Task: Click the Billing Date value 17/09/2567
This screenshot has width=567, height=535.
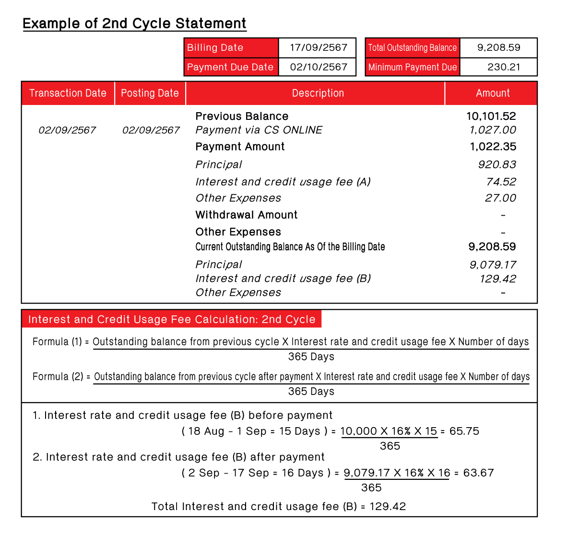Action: coord(318,47)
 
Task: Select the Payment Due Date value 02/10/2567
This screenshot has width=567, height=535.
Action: coord(318,67)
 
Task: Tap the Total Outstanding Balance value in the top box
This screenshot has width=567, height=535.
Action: coord(498,47)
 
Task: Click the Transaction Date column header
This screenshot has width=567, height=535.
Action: coord(68,93)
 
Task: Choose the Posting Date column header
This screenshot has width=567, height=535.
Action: coord(150,93)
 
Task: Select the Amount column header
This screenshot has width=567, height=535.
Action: coord(493,93)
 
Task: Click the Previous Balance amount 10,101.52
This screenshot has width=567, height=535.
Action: coord(491,116)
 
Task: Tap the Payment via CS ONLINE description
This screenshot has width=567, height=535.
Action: coord(259,130)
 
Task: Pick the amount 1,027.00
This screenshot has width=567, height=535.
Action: coord(492,130)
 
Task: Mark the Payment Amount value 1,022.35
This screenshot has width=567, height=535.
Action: coord(493,147)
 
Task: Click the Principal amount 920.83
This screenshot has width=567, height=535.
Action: coord(496,164)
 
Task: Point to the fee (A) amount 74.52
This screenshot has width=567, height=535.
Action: coord(501,182)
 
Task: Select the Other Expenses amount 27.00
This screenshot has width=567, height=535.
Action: coord(500,198)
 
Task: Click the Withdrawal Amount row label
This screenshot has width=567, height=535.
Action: coord(246,215)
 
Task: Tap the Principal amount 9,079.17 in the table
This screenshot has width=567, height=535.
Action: coord(492,265)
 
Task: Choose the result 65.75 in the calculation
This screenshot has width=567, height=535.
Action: coord(464,431)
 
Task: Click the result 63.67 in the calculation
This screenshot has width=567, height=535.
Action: coord(478,473)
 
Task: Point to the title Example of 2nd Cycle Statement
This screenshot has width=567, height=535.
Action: coord(134,23)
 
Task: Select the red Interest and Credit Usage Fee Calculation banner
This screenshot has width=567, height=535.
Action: coord(171,319)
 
